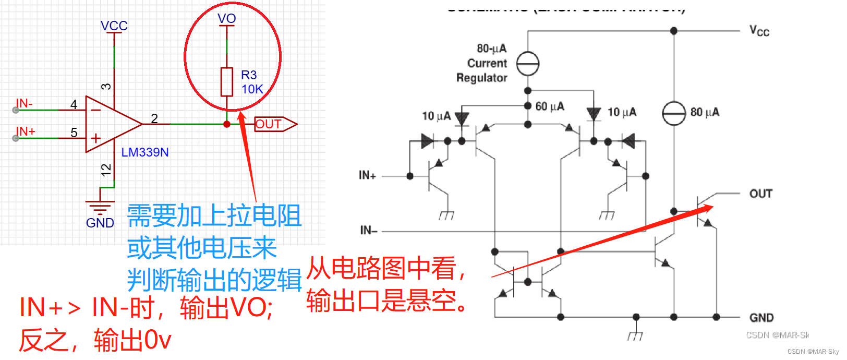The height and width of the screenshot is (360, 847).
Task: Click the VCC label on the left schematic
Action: click(x=114, y=26)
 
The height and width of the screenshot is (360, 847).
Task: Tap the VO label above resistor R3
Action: click(x=227, y=19)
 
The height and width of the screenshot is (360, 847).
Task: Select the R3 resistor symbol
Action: click(x=227, y=82)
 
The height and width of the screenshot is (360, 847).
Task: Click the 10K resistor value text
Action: click(x=252, y=89)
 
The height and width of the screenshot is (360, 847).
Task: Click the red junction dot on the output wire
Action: click(x=227, y=124)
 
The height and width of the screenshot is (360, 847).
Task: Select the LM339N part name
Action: click(x=145, y=152)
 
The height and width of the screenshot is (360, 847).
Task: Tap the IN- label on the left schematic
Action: click(x=24, y=103)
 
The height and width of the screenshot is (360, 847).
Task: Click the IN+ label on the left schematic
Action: click(x=25, y=131)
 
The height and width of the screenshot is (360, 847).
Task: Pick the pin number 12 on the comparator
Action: click(x=106, y=170)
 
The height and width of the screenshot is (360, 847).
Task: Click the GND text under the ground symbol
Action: click(x=100, y=223)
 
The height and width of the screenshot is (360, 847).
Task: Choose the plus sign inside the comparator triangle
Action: click(x=96, y=138)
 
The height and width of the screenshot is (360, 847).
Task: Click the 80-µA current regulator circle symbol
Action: click(x=528, y=64)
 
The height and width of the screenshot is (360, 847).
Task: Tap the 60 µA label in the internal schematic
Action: click(x=550, y=106)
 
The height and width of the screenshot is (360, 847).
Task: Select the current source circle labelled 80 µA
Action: click(x=674, y=113)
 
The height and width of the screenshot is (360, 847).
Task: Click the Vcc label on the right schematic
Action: click(x=759, y=31)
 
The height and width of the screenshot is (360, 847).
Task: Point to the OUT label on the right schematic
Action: click(x=760, y=194)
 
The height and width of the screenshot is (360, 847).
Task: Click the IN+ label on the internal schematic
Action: click(x=367, y=175)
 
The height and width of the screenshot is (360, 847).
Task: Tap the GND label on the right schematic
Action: click(x=761, y=318)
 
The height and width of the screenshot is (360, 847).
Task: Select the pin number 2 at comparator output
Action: click(x=154, y=118)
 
